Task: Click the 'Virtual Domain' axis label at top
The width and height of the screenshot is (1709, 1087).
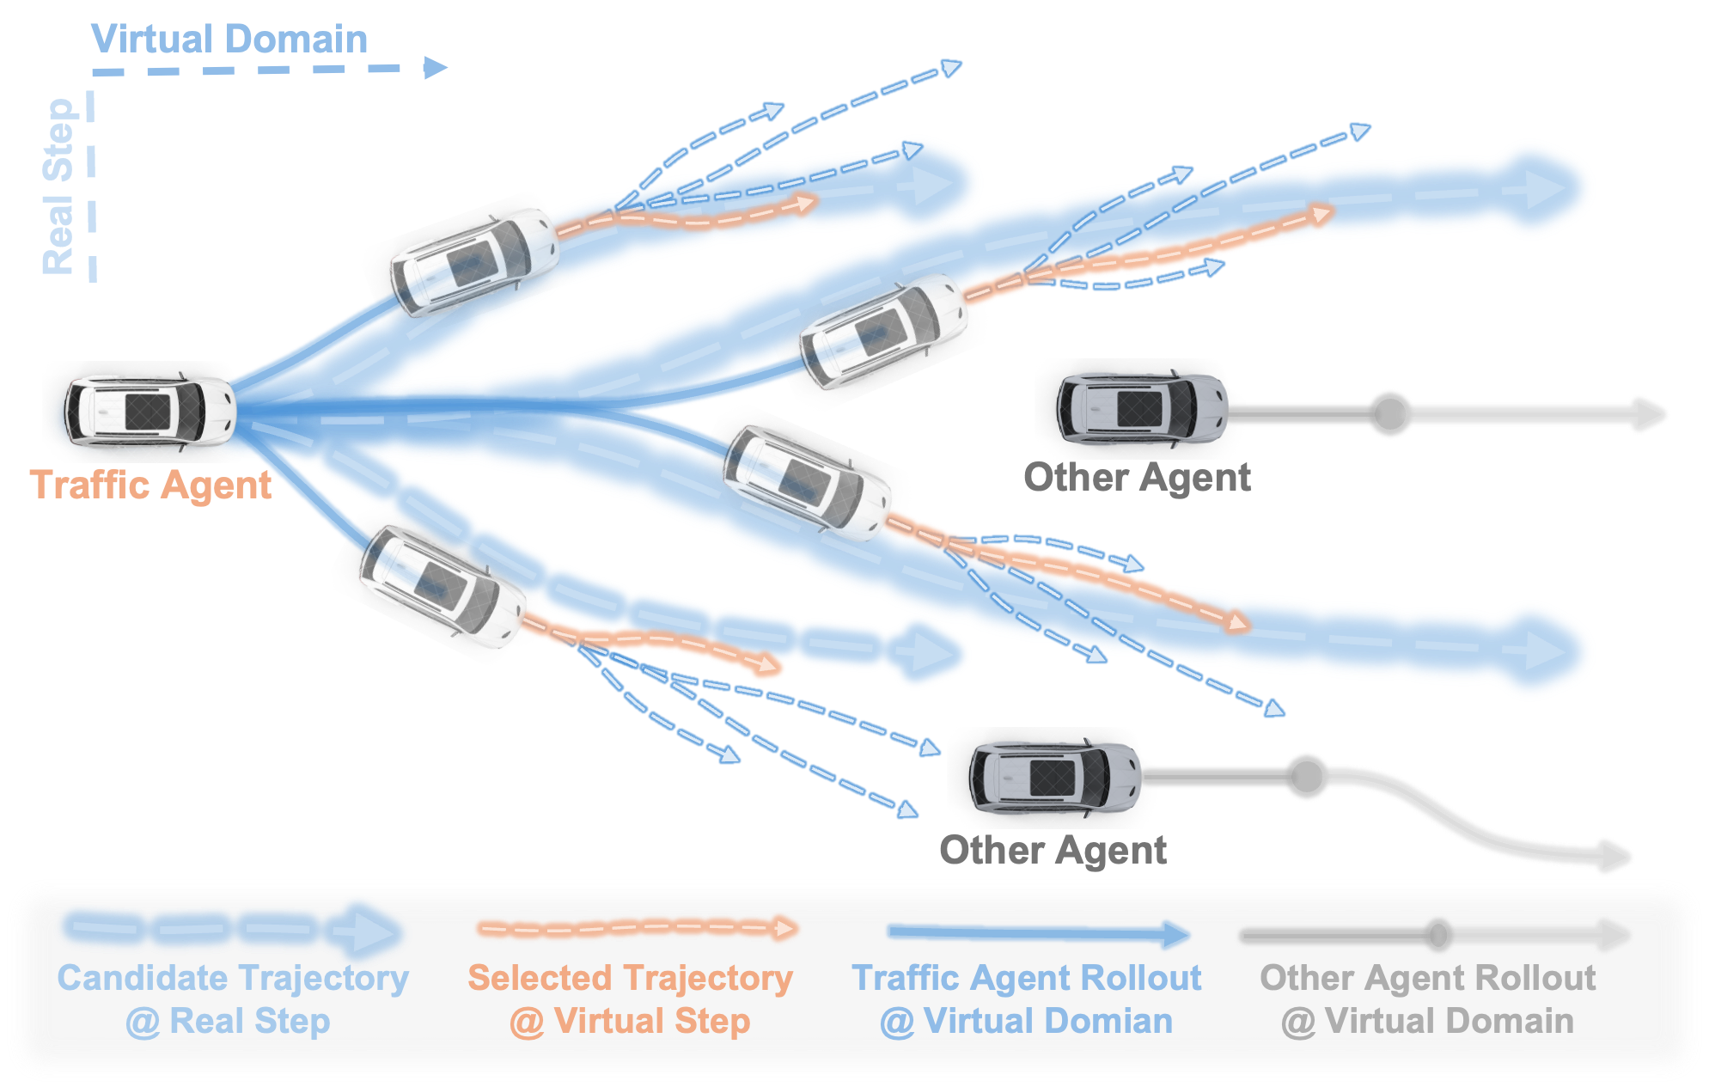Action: point(229,40)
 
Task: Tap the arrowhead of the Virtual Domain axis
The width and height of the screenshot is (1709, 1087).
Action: point(435,68)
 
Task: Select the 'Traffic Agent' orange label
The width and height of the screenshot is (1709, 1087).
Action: point(151,485)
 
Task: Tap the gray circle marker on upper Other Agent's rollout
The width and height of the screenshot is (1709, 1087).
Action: point(1389,413)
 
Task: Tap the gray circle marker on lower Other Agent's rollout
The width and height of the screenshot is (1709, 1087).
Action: point(1306,776)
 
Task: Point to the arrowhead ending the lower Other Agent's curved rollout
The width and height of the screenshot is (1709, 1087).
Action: point(1615,856)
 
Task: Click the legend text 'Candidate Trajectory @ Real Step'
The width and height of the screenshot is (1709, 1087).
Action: point(232,999)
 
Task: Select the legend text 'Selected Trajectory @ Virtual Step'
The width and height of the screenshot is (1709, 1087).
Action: point(630,999)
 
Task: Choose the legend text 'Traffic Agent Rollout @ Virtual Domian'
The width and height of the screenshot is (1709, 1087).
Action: point(1026,999)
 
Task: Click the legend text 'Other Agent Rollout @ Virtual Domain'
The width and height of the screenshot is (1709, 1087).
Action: point(1427,999)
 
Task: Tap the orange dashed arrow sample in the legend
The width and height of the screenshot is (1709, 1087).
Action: point(637,928)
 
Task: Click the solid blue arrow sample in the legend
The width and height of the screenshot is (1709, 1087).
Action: point(1038,933)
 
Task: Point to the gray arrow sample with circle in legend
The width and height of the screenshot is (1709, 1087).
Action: point(1435,934)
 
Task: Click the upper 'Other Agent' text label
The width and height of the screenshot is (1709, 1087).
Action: point(1137,477)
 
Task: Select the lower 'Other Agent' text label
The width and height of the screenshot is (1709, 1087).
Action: point(1053,850)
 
